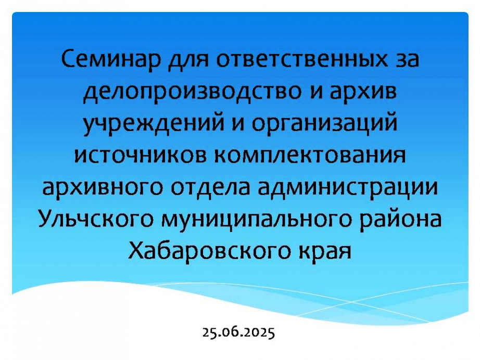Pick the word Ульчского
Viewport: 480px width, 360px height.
(95, 218)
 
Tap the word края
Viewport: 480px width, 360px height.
(324, 253)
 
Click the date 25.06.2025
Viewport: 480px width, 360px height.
(238, 332)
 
